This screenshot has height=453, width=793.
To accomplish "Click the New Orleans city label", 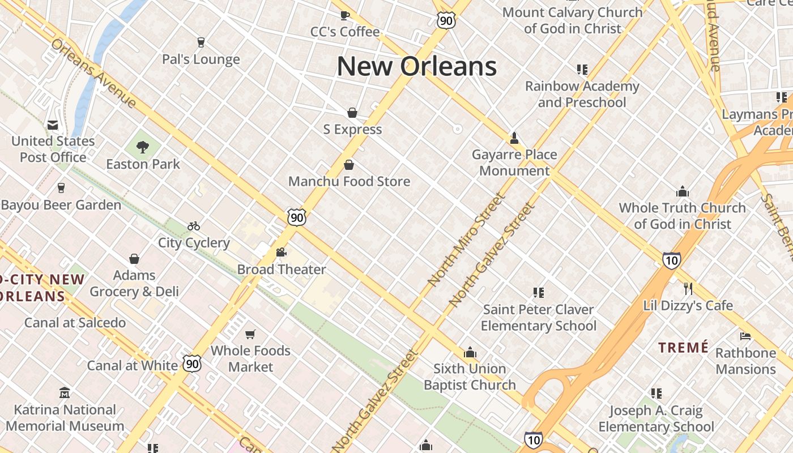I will click(417, 66).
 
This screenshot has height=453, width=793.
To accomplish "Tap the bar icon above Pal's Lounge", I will click(201, 42).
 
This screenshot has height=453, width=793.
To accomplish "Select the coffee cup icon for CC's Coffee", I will click(344, 15).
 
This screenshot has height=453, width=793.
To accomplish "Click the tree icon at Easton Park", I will click(143, 147).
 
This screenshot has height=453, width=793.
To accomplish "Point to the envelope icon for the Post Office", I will click(53, 125).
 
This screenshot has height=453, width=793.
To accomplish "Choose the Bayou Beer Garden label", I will click(61, 205).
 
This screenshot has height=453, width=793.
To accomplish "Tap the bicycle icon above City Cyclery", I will click(194, 226).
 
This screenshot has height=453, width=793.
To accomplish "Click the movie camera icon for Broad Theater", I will click(282, 253).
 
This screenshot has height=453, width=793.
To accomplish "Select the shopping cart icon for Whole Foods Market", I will click(250, 334).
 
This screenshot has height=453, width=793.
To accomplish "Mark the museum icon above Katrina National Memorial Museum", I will click(65, 393).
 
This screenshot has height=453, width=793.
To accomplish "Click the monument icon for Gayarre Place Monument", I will click(514, 138).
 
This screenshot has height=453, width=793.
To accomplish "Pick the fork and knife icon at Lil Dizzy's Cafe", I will click(688, 289).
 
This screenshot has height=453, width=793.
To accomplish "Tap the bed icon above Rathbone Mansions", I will click(745, 336).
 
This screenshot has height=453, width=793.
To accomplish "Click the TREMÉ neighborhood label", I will click(684, 347).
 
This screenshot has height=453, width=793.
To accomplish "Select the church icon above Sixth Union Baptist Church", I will click(470, 352).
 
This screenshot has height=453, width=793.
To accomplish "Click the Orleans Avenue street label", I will click(93, 73).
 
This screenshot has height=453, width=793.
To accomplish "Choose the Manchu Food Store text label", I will click(349, 182).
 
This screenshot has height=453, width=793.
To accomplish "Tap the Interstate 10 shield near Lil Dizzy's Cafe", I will click(671, 260).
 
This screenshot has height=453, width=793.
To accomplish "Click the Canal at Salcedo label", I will click(75, 323).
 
